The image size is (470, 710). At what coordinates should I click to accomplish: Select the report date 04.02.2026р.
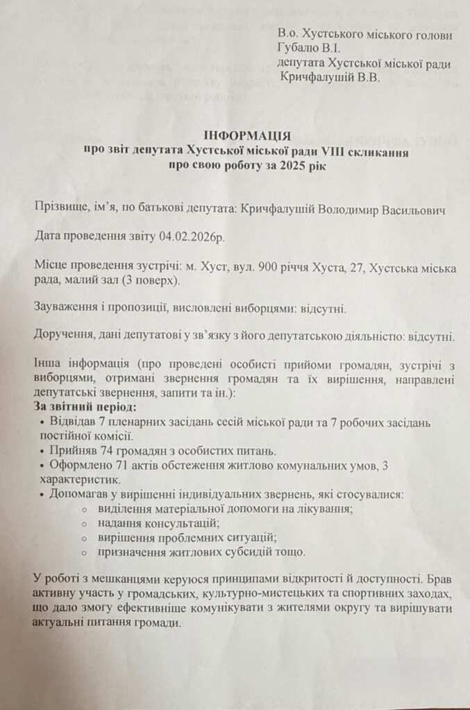pos(192,236)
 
